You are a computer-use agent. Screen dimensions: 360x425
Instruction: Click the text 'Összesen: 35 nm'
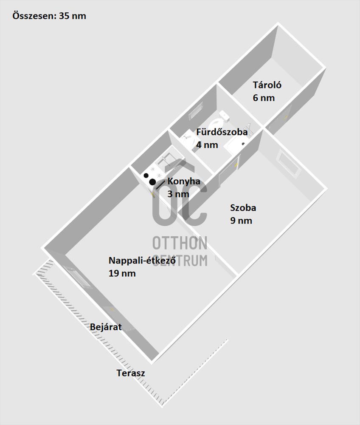(x=49, y=16)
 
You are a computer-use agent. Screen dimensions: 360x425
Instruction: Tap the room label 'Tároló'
(x=267, y=85)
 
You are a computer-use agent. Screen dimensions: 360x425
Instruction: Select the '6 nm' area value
(x=264, y=98)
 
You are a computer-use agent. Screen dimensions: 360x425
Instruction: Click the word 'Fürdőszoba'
(x=222, y=132)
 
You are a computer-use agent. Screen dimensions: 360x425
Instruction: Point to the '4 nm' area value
(x=207, y=145)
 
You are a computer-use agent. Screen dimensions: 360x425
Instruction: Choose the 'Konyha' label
(x=184, y=181)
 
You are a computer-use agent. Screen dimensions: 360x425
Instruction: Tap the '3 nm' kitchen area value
(x=178, y=194)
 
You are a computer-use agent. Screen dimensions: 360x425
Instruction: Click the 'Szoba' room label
(x=243, y=208)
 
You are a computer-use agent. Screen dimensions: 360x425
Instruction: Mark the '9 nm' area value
(x=241, y=221)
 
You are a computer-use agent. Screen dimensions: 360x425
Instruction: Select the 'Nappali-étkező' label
(x=142, y=261)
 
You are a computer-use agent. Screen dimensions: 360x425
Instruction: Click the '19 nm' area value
(x=122, y=273)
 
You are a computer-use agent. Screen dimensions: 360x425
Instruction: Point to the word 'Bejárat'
(x=106, y=327)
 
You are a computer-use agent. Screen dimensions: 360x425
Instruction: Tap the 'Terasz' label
(x=131, y=373)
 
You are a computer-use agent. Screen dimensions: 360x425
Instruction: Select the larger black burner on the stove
(x=152, y=182)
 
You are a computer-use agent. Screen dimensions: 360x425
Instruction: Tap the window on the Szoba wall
(x=290, y=164)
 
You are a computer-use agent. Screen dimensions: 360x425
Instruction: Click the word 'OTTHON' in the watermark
(x=180, y=243)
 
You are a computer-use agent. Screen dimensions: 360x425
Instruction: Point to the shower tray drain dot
(x=243, y=144)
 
